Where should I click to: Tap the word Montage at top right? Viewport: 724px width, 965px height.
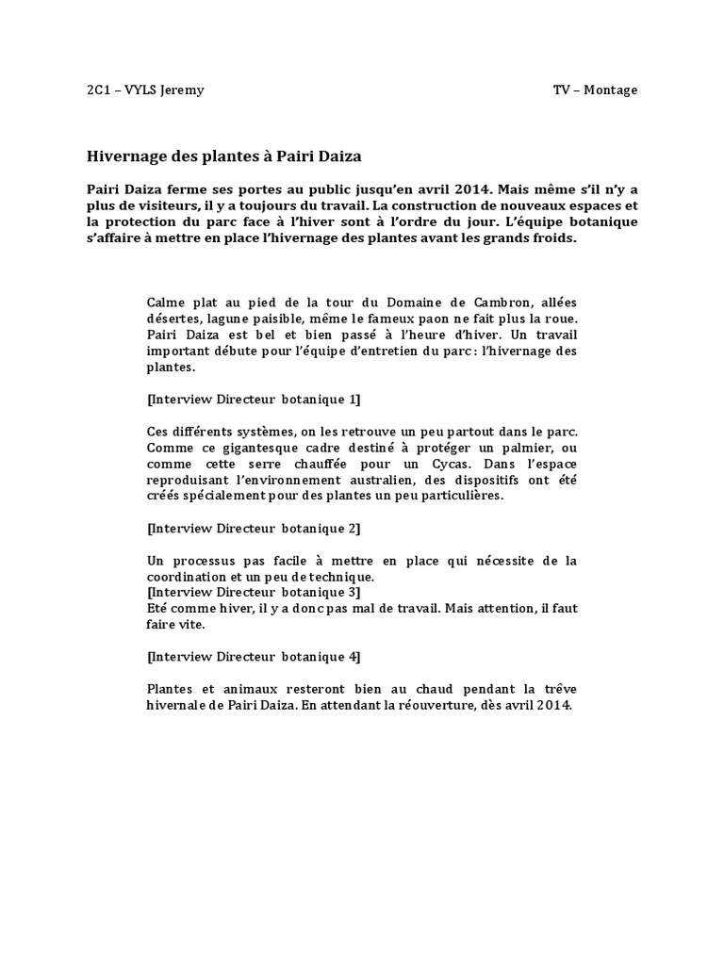(x=611, y=90)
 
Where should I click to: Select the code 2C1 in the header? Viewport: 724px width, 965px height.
(x=98, y=90)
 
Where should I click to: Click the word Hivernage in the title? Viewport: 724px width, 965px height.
(x=125, y=155)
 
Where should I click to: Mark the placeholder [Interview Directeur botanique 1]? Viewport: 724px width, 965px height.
(x=254, y=400)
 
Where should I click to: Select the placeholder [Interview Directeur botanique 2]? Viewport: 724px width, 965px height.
(x=254, y=529)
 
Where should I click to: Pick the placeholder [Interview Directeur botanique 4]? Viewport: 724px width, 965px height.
(x=254, y=657)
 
